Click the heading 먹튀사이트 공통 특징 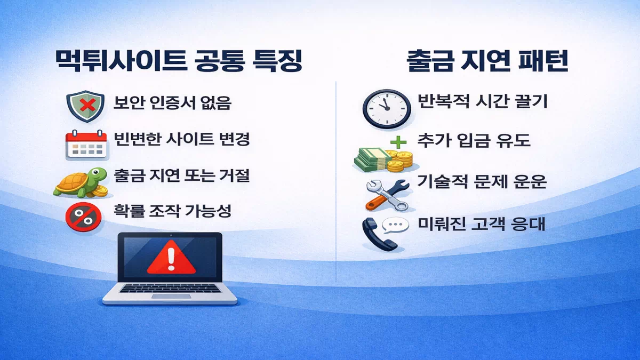179,62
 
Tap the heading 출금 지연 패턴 486,62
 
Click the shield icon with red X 85,105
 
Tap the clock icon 387,108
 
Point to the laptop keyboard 170,289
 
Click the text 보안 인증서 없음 172,103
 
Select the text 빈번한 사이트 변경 182,139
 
